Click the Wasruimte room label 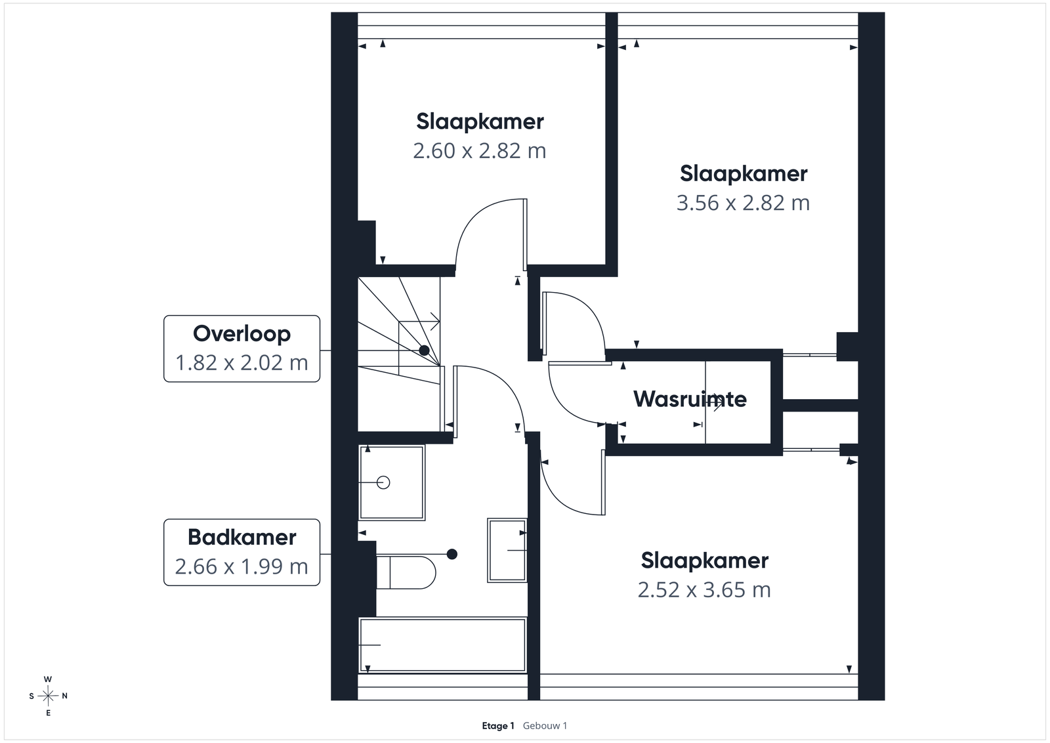tap(690, 399)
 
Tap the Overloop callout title tap(242, 334)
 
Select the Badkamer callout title tap(242, 537)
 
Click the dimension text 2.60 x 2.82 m tap(480, 151)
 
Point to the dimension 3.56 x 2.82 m tap(743, 203)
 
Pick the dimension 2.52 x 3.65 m tap(704, 589)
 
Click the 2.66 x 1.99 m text tap(241, 566)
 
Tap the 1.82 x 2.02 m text tap(241, 363)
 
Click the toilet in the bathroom tap(406, 572)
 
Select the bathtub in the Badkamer tap(442, 645)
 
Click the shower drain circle tap(383, 482)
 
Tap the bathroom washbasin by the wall tap(507, 550)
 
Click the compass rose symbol tap(48, 696)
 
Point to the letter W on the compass tap(48, 679)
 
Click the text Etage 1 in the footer tap(498, 726)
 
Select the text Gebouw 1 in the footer tap(545, 726)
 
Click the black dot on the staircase tap(424, 350)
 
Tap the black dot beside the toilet tap(452, 554)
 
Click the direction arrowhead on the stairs tap(436, 322)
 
